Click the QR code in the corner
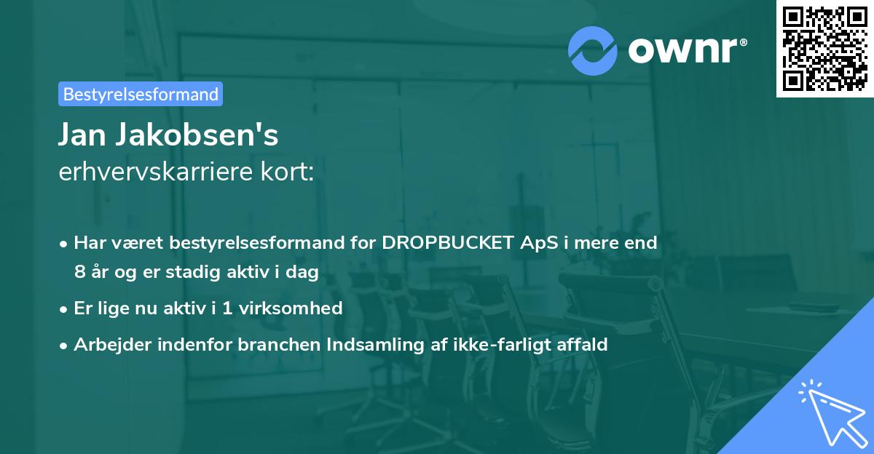click(824, 48)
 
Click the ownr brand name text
click(686, 50)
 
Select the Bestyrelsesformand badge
click(141, 94)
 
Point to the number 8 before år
click(79, 272)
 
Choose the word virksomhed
click(298, 308)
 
